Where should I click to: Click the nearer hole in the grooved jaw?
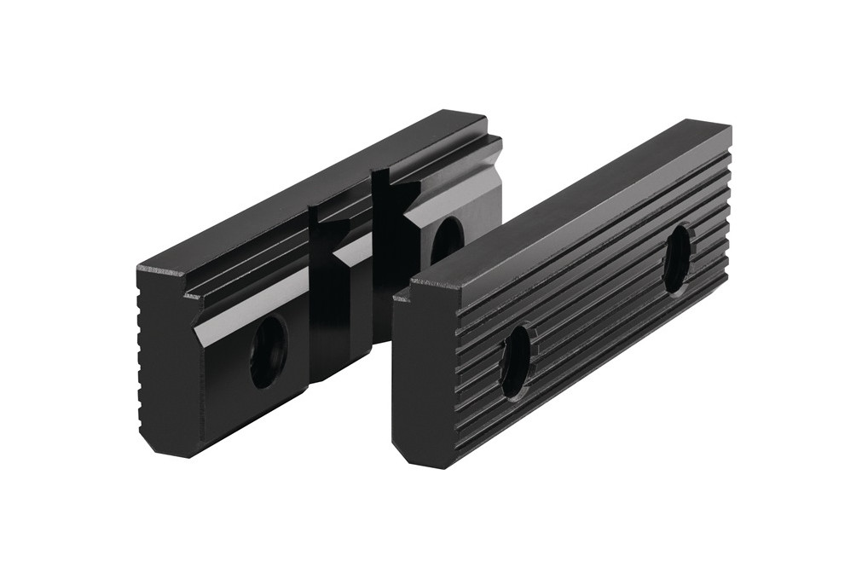click(516, 362)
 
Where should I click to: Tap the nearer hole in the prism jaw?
click(269, 350)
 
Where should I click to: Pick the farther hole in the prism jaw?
click(446, 240)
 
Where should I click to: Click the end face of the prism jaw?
click(166, 358)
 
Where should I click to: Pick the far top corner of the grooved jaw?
click(726, 128)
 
